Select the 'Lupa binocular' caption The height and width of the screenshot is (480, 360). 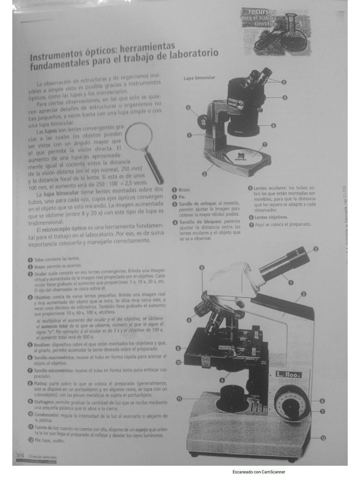(199, 78)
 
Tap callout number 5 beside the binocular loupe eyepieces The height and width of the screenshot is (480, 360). (284, 82)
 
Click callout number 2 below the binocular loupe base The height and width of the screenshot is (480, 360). (204, 174)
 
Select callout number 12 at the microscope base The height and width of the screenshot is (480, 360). (323, 438)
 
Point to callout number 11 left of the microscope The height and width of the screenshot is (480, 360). (179, 399)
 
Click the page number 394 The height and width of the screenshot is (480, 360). (20, 456)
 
